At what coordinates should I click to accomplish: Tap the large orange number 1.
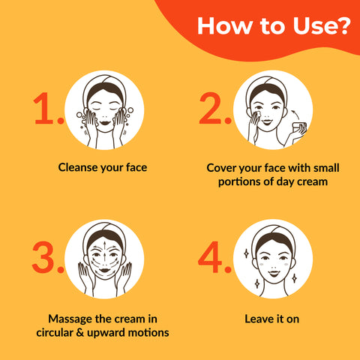[48, 109]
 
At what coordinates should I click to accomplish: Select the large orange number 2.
[214, 109]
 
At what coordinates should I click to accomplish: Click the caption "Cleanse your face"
[103, 166]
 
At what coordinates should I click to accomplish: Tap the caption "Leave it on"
[271, 319]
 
